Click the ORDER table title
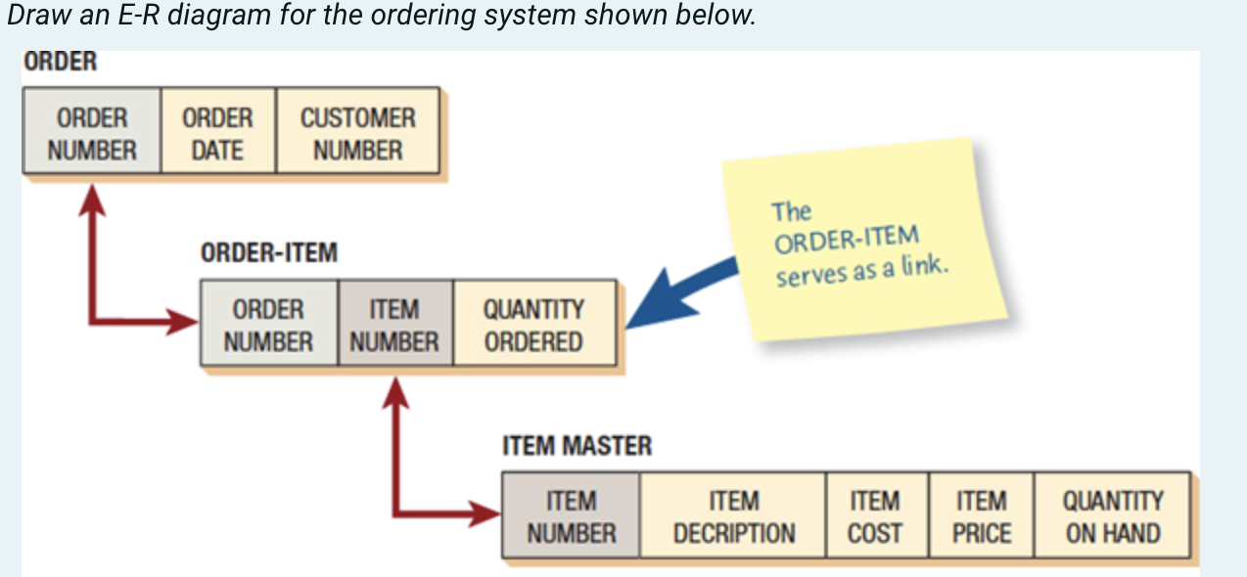[x=61, y=62]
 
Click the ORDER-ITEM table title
[x=268, y=253]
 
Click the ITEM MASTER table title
[x=577, y=447]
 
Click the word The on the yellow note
[x=791, y=211]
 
